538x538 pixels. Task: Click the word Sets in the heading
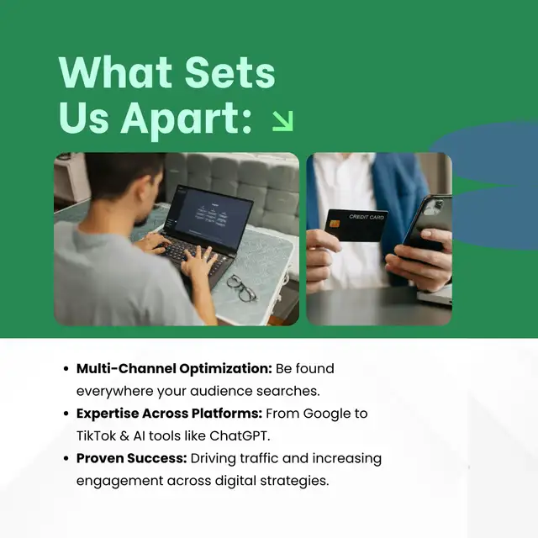(x=229, y=73)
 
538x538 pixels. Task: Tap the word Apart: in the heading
(x=187, y=119)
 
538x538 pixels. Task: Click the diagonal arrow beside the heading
(x=282, y=121)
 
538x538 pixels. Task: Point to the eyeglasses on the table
(x=241, y=287)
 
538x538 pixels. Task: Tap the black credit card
(x=356, y=225)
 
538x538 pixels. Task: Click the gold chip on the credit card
(x=335, y=224)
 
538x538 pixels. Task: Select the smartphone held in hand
(x=427, y=222)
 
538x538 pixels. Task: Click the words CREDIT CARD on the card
(x=367, y=217)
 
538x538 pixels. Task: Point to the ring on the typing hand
(x=205, y=256)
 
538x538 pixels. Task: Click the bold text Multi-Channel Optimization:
(x=174, y=368)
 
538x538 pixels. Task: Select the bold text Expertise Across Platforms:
(x=169, y=414)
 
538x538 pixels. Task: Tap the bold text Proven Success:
(x=131, y=458)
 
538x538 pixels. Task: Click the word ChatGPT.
(x=240, y=435)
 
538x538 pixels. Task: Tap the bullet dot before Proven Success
(x=66, y=459)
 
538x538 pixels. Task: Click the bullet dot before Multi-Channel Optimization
(x=66, y=369)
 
